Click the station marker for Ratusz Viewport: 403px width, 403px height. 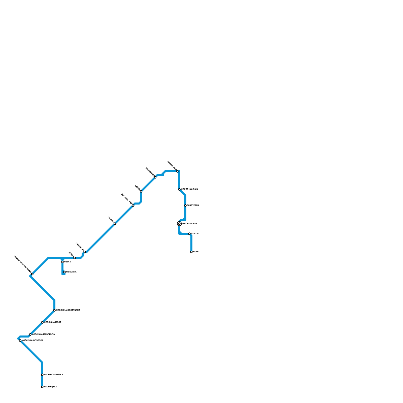tap(115, 224)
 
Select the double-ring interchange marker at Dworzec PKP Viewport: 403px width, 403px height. tap(179, 224)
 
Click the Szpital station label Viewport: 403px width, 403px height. tap(195, 234)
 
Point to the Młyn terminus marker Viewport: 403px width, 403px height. tap(191, 252)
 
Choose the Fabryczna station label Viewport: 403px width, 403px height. tap(193, 206)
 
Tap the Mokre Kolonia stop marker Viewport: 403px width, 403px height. tap(179, 189)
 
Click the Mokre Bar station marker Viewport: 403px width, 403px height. tap(177, 171)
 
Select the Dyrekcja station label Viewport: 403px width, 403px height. tap(80, 247)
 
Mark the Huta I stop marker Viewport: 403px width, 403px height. tap(75, 258)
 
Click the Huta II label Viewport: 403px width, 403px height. tap(68, 262)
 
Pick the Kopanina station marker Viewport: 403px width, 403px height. tap(64, 272)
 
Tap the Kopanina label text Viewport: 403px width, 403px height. tap(71, 272)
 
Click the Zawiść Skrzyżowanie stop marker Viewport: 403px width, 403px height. tap(32, 274)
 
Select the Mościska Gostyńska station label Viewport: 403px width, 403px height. tap(68, 310)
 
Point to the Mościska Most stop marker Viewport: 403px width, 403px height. tap(42, 322)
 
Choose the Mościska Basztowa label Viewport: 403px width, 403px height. tap(43, 334)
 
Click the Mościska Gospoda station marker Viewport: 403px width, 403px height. tap(20, 341)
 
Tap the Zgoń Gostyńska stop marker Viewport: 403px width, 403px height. tap(42, 375)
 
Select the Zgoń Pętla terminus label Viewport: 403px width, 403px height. tap(50, 387)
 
